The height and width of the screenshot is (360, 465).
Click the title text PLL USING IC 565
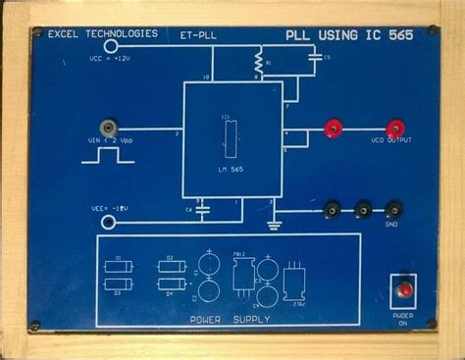click(349, 35)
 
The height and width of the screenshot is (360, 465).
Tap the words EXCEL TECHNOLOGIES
click(102, 33)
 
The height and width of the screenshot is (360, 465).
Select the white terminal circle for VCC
click(111, 45)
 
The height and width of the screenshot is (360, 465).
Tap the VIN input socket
click(106, 129)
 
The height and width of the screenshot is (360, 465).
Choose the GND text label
click(392, 224)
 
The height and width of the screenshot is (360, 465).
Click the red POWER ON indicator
click(401, 288)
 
